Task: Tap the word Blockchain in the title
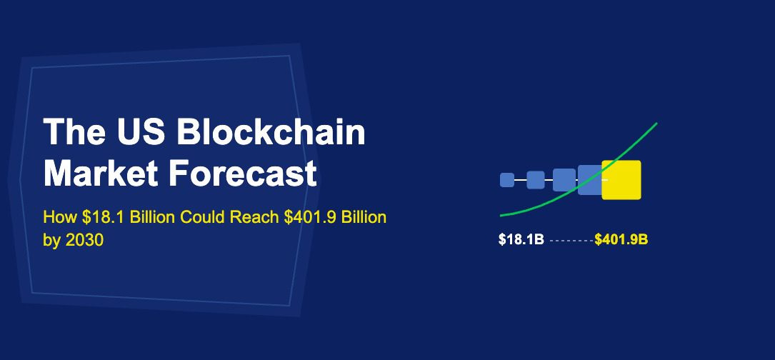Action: point(271,133)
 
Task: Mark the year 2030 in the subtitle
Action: point(86,241)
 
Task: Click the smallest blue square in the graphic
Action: point(507,180)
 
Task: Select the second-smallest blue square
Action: point(536,180)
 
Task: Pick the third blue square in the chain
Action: point(564,180)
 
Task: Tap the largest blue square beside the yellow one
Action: point(589,179)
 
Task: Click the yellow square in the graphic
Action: point(622,180)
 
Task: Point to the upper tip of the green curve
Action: point(655,124)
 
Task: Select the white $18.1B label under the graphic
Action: point(521,240)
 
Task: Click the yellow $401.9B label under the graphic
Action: point(621,240)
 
